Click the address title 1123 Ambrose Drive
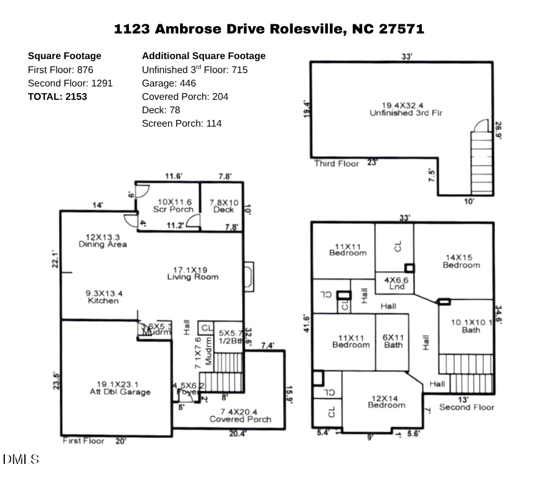pyautogui.click(x=268, y=29)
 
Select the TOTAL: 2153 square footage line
pyautogui.click(x=57, y=96)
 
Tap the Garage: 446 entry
pyautogui.click(x=169, y=83)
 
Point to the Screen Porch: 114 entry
pyautogui.click(x=181, y=123)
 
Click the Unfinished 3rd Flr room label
pyautogui.click(x=402, y=109)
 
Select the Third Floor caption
pyautogui.click(x=337, y=163)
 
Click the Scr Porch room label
pyautogui.click(x=174, y=206)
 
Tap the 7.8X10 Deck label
pyautogui.click(x=224, y=206)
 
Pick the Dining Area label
pyautogui.click(x=103, y=240)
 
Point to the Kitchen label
pyautogui.click(x=103, y=297)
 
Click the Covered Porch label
pyautogui.click(x=240, y=415)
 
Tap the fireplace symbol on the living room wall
pyautogui.click(x=248, y=273)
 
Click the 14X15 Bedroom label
pyautogui.click(x=461, y=261)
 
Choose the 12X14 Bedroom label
pyautogui.click(x=386, y=402)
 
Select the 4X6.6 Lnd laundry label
pyautogui.click(x=396, y=283)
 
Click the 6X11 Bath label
pyautogui.click(x=393, y=341)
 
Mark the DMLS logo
pyautogui.click(x=21, y=459)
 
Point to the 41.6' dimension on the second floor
pyautogui.click(x=307, y=323)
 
